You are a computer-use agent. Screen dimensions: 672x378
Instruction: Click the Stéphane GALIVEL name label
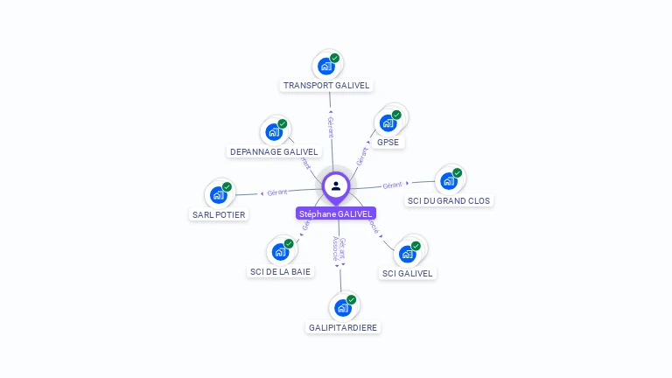[x=336, y=213]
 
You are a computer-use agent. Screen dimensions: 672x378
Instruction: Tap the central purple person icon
[x=336, y=185]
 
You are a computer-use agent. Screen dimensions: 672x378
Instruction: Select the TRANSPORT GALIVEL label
[x=327, y=86]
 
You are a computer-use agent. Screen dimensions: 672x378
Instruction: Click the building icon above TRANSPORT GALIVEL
[x=326, y=66]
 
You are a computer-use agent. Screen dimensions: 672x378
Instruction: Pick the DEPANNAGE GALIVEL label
[x=274, y=151]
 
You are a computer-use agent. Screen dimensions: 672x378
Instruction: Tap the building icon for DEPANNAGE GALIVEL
[x=275, y=132]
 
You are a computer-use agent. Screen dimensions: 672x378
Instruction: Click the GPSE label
[x=388, y=142]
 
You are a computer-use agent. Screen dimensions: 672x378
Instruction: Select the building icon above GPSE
[x=388, y=122]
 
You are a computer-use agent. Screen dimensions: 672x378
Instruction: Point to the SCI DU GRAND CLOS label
[x=450, y=200]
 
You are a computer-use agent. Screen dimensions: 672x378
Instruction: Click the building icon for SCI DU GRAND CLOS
[x=449, y=180]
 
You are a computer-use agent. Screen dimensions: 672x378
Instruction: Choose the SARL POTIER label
[x=219, y=214]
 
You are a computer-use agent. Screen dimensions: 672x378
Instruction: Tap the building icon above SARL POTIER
[x=219, y=194]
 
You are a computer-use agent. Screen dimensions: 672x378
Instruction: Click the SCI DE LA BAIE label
[x=280, y=271]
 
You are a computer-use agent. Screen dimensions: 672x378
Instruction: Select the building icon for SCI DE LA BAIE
[x=281, y=252]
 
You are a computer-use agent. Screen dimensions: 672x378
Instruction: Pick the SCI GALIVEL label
[x=408, y=273]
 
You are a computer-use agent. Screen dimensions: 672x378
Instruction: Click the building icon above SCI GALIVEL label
[x=408, y=254]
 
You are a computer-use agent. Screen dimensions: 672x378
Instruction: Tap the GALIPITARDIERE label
[x=344, y=327]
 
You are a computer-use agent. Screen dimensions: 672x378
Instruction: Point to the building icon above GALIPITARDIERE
[x=343, y=307]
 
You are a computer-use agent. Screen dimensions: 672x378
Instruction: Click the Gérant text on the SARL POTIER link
[x=277, y=192]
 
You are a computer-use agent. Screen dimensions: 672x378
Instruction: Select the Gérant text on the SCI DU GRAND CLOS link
[x=392, y=185]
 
